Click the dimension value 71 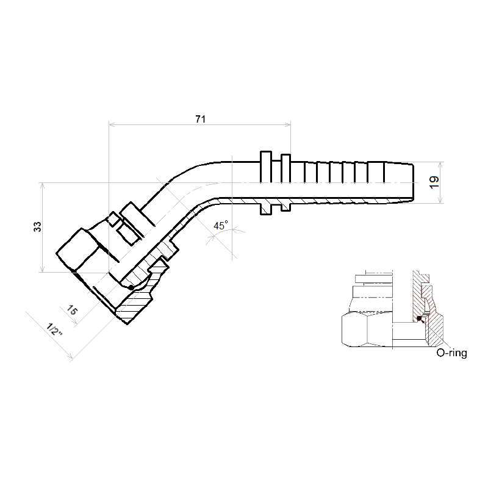tap(201, 119)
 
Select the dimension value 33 tap(37, 227)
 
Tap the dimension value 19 tap(434, 182)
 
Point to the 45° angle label tap(221, 225)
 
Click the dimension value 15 tap(72, 310)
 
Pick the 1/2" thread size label tap(54, 329)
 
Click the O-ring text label tap(451, 353)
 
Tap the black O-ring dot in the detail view tap(420, 318)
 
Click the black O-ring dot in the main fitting tap(131, 287)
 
